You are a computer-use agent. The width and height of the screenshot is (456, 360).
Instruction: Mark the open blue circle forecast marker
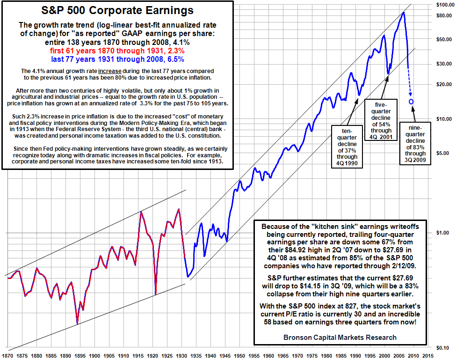[x=411, y=102]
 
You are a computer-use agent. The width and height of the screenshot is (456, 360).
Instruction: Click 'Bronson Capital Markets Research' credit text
[x=340, y=337]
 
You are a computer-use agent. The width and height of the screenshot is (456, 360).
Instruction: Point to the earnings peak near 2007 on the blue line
[x=404, y=13]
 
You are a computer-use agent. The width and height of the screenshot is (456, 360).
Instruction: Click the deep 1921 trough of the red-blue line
[x=155, y=294]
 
